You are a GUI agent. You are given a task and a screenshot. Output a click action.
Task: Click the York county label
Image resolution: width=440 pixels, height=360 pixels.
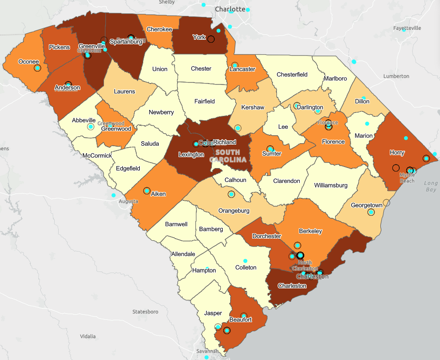[x=199, y=37]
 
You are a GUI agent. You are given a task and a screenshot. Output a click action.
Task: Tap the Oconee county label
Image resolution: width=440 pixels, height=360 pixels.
[x=28, y=62]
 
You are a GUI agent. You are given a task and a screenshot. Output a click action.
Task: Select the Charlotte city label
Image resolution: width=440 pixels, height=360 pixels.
[x=230, y=9]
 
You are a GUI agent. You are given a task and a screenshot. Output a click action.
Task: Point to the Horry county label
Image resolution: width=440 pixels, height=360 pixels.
[x=397, y=153]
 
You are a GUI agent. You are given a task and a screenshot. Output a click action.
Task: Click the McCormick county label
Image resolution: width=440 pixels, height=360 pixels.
[x=96, y=156]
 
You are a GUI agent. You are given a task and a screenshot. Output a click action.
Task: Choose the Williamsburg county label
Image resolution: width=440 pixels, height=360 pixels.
[x=331, y=185]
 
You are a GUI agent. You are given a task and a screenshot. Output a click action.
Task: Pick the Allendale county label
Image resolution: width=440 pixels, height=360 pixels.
[x=183, y=254]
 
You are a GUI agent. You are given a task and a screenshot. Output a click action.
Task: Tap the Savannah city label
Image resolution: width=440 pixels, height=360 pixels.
[x=208, y=351]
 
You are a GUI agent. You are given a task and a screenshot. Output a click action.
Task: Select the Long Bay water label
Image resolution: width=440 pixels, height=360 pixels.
[x=431, y=186]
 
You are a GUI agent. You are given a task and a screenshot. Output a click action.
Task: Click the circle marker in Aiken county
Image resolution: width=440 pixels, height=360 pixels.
[x=147, y=190]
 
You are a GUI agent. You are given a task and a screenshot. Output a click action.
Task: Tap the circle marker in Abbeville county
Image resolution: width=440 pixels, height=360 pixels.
[x=90, y=127]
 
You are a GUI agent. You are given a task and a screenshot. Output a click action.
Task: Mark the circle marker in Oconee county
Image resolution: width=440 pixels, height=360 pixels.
[x=37, y=68]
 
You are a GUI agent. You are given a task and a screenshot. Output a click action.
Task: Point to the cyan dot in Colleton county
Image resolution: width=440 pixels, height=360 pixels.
[x=245, y=261]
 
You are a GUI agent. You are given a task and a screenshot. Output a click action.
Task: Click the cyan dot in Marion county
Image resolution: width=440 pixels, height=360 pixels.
[x=367, y=124]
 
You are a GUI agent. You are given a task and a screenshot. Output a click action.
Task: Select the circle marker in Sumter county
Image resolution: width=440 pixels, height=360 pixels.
[x=270, y=148]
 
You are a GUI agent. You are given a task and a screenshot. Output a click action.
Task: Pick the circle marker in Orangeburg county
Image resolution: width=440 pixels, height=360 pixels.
[x=231, y=194]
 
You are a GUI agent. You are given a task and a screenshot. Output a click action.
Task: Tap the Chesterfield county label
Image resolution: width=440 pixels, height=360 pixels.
[x=292, y=75]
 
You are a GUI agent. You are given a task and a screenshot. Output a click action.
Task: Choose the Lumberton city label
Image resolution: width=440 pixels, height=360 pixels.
[x=396, y=76]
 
